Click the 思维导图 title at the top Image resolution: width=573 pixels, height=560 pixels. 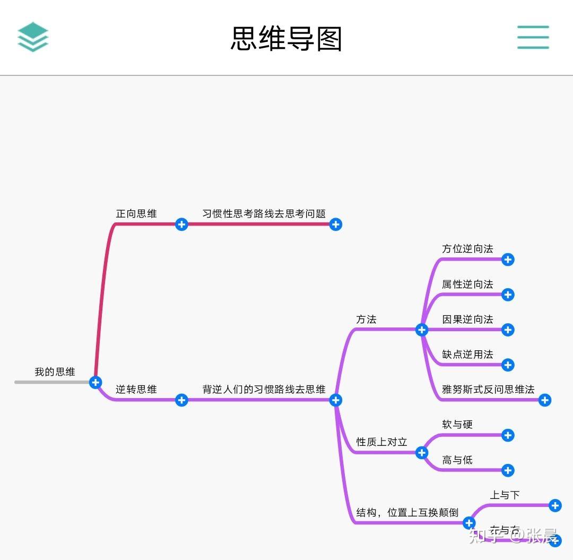[x=286, y=38]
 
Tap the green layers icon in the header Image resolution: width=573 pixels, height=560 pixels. [x=33, y=37]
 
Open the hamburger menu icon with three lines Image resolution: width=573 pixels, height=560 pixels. [x=533, y=37]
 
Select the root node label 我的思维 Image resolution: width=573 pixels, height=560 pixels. [x=55, y=372]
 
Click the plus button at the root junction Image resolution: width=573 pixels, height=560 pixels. [x=95, y=382]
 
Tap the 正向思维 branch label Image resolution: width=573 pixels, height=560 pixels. [x=136, y=213]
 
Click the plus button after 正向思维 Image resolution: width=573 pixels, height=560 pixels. [x=181, y=225]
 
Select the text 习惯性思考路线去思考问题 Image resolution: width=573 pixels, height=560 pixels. [x=264, y=213]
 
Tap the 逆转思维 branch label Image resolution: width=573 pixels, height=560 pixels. [x=136, y=389]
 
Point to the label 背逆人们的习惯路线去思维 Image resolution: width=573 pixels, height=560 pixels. [x=264, y=389]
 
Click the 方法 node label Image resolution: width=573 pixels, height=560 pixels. [x=366, y=319]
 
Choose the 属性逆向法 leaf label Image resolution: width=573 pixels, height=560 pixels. [x=467, y=284]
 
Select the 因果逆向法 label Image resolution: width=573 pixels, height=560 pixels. [x=467, y=319]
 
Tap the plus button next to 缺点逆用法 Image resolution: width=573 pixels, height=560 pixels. [x=508, y=365]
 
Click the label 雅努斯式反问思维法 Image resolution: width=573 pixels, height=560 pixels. [x=488, y=389]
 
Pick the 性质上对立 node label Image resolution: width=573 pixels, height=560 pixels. [x=381, y=442]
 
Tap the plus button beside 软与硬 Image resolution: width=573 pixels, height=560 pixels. [x=508, y=435]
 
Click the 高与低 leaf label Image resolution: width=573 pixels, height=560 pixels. [x=457, y=460]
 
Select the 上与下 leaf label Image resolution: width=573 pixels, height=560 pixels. [x=505, y=495]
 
